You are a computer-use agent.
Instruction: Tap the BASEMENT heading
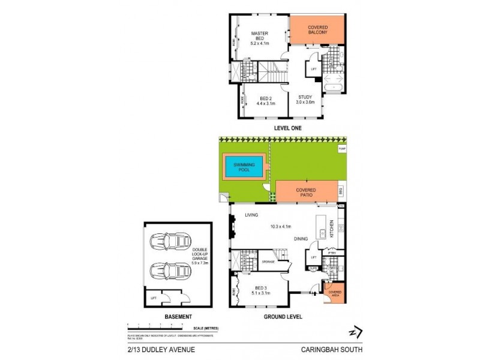pos(178,316)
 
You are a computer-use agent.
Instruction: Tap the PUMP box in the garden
pos(343,148)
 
